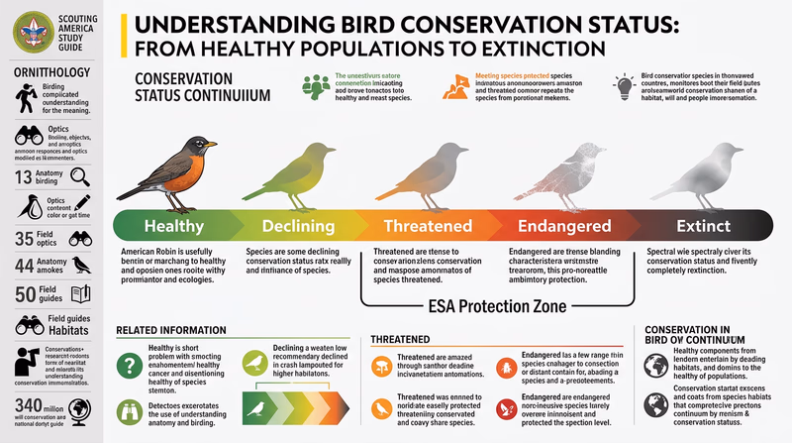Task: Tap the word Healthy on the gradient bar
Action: pos(173,227)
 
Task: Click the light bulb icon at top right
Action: pos(624,84)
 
